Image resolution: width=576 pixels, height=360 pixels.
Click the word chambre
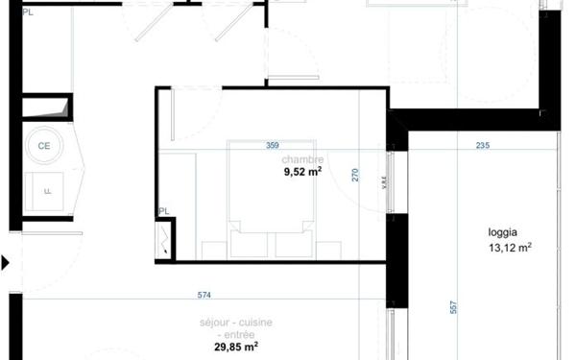tap(302, 159)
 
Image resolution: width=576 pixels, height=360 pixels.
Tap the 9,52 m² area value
tap(301, 173)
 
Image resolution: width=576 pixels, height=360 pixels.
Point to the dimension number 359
tap(272, 146)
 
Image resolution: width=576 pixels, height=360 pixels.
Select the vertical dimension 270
tap(354, 175)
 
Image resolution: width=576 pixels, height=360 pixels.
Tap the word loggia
tap(503, 232)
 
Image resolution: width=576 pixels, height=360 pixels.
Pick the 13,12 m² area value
tap(510, 247)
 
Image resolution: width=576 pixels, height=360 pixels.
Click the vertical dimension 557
tap(451, 309)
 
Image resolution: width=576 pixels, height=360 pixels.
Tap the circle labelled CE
tap(44, 146)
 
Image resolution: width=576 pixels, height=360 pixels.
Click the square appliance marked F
tap(45, 189)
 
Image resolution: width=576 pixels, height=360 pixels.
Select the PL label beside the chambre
tap(164, 211)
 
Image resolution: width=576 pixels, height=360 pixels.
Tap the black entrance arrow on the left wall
tap(7, 261)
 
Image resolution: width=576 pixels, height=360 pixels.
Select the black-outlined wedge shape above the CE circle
tap(45, 107)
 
